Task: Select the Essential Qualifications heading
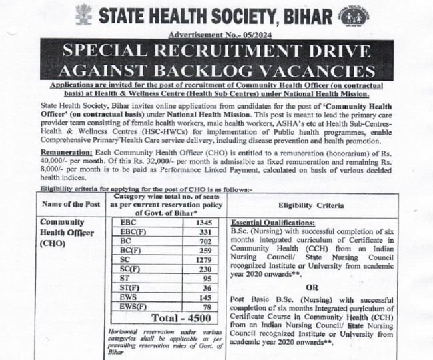(x=275, y=222)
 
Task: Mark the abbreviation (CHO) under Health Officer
(x=53, y=243)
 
